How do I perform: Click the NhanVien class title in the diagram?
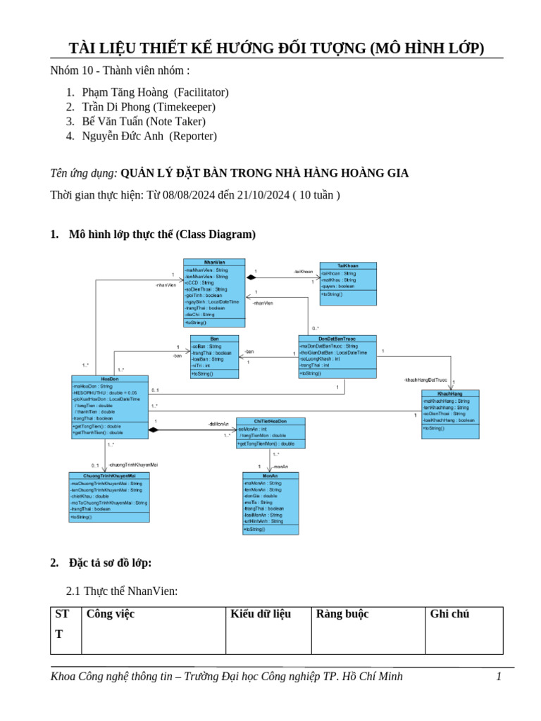tap(214, 262)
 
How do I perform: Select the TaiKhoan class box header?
tap(348, 266)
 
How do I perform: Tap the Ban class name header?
tap(214, 339)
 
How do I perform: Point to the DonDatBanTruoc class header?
tap(337, 339)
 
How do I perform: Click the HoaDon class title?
tap(110, 379)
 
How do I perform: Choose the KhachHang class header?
tap(450, 394)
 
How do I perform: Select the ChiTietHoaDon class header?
tap(270, 421)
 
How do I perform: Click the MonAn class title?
tap(270, 476)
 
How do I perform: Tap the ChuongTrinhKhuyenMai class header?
tap(109, 476)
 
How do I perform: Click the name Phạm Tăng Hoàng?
tap(125, 92)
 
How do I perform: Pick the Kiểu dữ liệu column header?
tap(261, 614)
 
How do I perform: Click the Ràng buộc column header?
tap(342, 614)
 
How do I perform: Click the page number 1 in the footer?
tap(499, 677)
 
